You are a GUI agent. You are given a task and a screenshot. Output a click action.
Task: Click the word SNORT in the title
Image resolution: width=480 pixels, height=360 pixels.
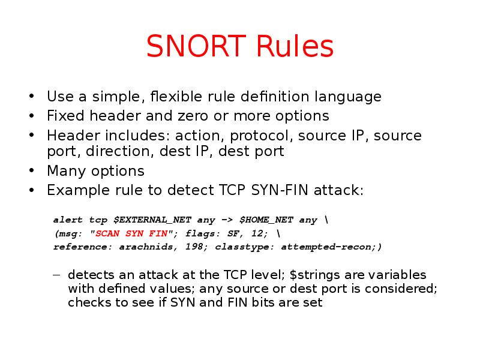click(x=196, y=47)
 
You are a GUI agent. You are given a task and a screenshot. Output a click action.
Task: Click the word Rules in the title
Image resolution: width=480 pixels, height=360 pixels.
click(x=293, y=47)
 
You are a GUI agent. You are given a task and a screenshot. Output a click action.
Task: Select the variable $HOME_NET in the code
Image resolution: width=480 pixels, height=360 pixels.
click(x=266, y=220)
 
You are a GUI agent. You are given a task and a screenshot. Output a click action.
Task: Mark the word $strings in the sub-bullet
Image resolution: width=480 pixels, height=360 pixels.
click(x=311, y=275)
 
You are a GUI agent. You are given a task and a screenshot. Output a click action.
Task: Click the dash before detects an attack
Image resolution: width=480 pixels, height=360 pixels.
click(x=56, y=275)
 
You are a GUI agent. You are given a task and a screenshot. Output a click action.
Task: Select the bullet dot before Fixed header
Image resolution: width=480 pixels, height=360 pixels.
click(x=31, y=116)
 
